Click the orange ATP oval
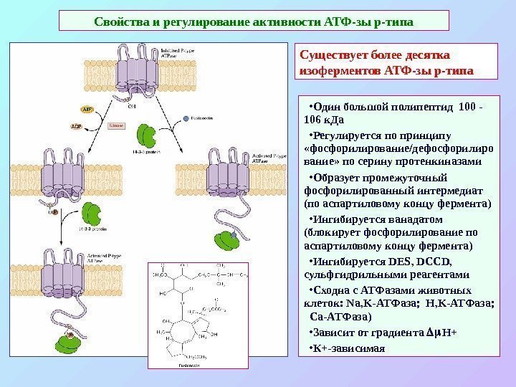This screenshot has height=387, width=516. point(87,110)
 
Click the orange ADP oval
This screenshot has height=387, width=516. point(77,125)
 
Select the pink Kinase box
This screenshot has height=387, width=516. point(117,125)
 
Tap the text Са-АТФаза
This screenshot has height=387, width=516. point(340,316)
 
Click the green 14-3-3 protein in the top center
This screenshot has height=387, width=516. point(147,134)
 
